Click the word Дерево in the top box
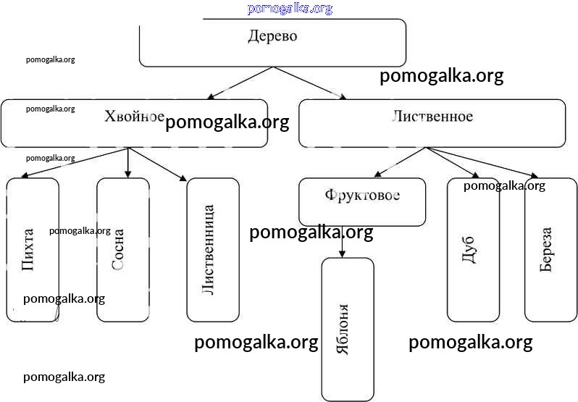[272, 36]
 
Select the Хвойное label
[134, 117]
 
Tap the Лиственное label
[432, 117]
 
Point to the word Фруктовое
[362, 196]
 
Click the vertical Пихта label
[28, 250]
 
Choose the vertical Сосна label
[119, 250]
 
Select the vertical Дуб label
[469, 250]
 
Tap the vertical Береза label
[546, 250]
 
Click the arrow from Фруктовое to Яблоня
[342, 242]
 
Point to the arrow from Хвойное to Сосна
[128, 163]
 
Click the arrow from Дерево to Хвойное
[240, 83]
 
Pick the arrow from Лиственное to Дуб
[453, 162]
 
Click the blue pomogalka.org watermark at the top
[290, 9]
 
